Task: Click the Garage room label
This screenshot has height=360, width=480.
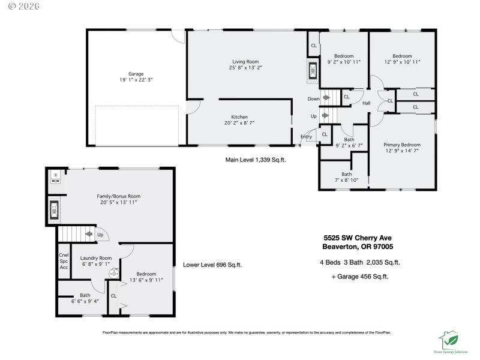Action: pos(136,74)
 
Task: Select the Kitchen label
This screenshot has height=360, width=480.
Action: pos(239,117)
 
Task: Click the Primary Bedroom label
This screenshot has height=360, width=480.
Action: pos(402,145)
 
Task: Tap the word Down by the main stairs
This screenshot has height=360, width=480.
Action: pos(313,98)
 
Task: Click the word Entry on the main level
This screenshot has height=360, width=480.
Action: pos(306,137)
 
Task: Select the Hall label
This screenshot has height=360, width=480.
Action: pos(366,104)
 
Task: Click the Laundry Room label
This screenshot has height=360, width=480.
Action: pos(97,257)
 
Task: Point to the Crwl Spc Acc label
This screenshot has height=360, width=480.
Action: pos(64,261)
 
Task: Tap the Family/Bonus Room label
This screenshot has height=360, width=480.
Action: pos(119,196)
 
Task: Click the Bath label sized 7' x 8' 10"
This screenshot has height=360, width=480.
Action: pos(346,174)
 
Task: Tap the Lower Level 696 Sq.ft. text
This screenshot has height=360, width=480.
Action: pos(212,265)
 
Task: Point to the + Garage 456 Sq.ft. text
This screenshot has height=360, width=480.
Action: pos(359,277)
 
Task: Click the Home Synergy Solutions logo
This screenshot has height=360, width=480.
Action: pos(451,342)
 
